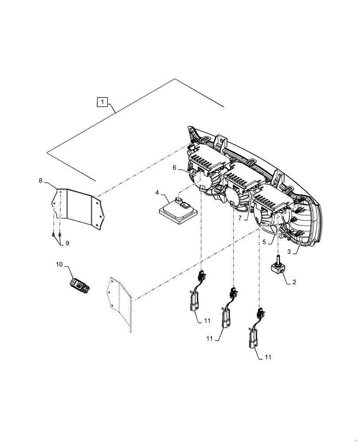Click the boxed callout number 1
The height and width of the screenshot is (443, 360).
pyautogui.click(x=102, y=102)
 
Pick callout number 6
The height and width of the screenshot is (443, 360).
pyautogui.click(x=175, y=167)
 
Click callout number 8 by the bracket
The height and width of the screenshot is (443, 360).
pyautogui.click(x=41, y=180)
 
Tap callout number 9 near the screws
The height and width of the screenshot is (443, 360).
pyautogui.click(x=67, y=243)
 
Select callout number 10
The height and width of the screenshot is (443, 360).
pyautogui.click(x=59, y=264)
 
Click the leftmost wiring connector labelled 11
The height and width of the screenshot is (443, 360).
pyautogui.click(x=196, y=297)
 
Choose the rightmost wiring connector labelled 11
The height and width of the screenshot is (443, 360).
pyautogui.click(x=255, y=334)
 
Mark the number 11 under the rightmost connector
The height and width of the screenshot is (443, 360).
pyautogui.click(x=268, y=356)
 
